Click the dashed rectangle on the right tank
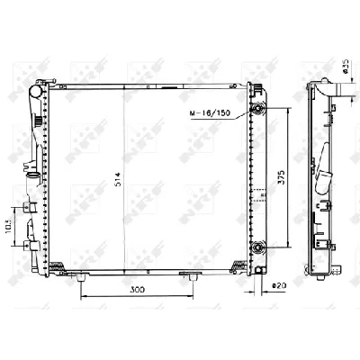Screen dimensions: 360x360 258,193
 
